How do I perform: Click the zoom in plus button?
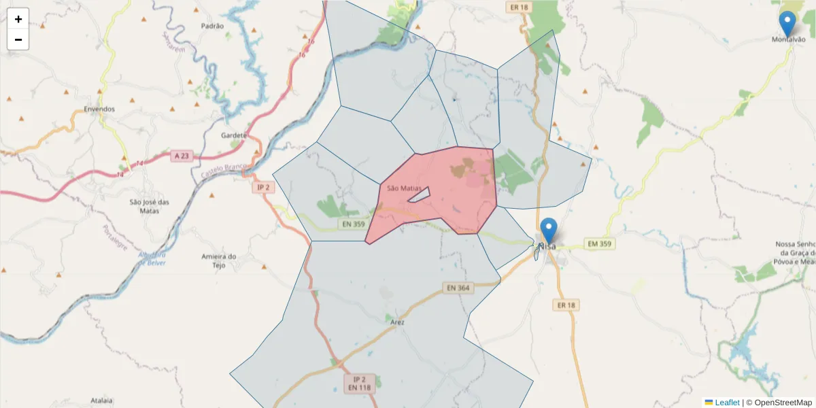(18, 19)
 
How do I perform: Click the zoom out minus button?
(18, 39)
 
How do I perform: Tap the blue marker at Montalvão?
(787, 24)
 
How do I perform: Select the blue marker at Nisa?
(548, 231)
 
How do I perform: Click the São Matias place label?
(404, 188)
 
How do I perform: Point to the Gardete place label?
(233, 135)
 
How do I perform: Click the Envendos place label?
(99, 109)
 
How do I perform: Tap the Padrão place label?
(212, 26)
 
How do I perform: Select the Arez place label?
(398, 322)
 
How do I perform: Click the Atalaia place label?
(101, 401)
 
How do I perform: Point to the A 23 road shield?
(182, 156)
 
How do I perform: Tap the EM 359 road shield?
(600, 243)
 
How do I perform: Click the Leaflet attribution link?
(726, 403)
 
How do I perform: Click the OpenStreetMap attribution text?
(783, 403)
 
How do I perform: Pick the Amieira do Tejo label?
(218, 260)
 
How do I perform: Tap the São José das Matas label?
(149, 206)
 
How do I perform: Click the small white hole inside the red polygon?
(418, 194)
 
